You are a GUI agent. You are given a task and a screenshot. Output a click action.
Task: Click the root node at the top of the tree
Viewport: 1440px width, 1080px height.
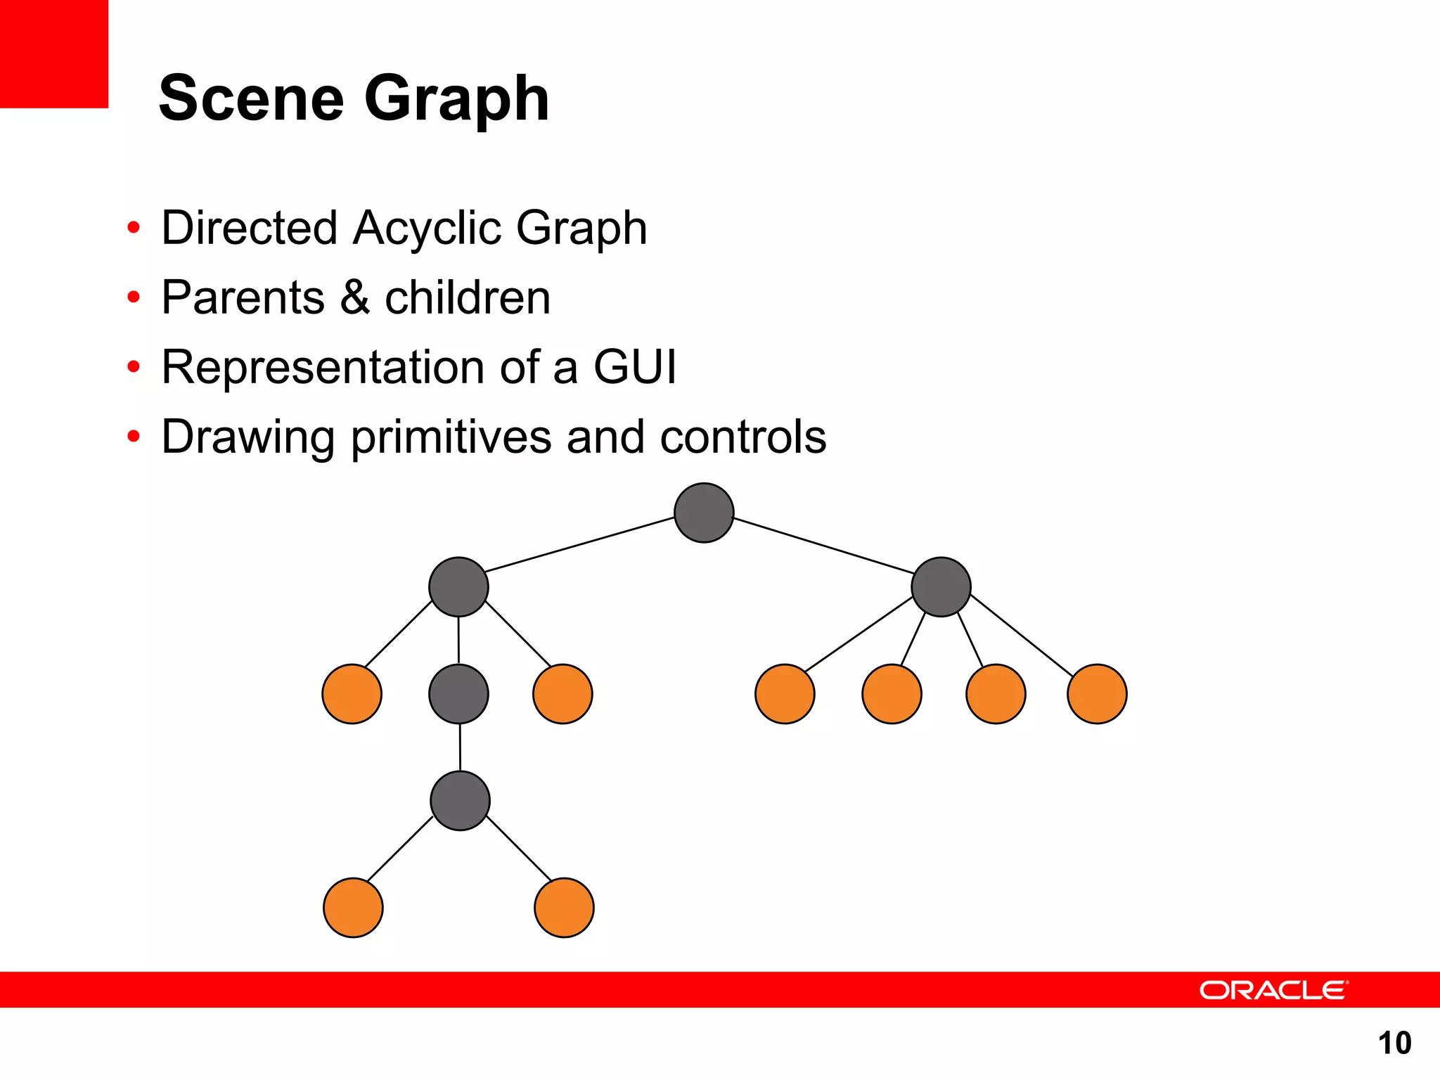click(704, 513)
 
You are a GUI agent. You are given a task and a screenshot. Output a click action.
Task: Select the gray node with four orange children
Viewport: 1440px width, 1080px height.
click(941, 587)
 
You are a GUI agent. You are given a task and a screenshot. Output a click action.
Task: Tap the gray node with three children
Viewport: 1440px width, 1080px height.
click(458, 587)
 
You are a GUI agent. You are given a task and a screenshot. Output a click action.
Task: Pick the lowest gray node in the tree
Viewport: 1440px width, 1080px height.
click(460, 801)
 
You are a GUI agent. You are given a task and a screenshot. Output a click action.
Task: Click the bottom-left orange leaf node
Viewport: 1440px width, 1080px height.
click(353, 908)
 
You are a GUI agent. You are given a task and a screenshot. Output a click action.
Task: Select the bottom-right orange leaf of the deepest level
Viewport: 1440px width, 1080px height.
click(564, 908)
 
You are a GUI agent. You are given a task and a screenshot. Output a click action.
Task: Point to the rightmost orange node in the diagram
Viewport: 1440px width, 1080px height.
click(1097, 694)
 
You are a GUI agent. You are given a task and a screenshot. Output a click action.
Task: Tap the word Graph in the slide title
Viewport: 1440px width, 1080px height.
click(456, 100)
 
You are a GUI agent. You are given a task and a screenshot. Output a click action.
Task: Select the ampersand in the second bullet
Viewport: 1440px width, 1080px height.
click(355, 297)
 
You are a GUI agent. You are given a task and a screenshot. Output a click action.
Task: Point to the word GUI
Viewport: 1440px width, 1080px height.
click(634, 367)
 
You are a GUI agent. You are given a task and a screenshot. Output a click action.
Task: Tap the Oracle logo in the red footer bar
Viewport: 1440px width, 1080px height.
click(1273, 990)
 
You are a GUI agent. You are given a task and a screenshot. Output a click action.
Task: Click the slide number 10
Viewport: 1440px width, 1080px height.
click(1394, 1043)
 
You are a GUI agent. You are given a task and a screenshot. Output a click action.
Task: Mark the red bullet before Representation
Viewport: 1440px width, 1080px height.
click(134, 367)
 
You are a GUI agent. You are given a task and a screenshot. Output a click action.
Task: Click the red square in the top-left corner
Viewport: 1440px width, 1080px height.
click(53, 53)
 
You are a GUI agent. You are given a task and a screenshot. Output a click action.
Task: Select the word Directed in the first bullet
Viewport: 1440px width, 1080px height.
click(250, 229)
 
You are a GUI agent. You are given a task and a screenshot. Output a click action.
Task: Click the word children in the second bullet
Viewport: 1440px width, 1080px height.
click(468, 297)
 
